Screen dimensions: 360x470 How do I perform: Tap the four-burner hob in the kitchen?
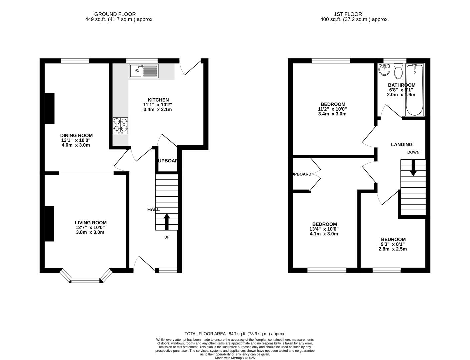[120, 125]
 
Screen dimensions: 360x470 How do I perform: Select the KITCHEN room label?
[158, 100]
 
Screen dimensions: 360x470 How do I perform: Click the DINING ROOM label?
[76, 135]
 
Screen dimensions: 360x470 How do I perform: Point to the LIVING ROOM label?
[91, 223]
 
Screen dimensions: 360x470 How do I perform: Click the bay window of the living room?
[86, 279]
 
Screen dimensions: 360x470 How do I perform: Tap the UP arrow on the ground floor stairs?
[167, 222]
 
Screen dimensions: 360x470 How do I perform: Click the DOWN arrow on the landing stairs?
[413, 168]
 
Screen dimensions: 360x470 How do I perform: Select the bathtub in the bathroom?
[415, 90]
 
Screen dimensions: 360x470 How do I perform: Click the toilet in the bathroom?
[398, 71]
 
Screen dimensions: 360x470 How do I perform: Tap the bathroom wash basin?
[384, 69]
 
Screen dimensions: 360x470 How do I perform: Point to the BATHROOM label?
[402, 85]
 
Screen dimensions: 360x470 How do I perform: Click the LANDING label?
[402, 144]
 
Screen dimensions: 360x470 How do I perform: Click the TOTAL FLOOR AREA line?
[235, 334]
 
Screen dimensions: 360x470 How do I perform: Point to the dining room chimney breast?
[49, 108]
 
